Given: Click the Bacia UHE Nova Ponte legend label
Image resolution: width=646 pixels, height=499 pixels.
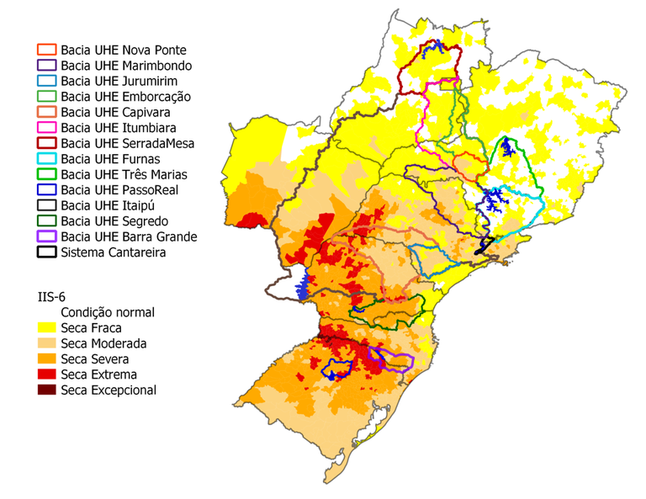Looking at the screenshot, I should [x=123, y=50].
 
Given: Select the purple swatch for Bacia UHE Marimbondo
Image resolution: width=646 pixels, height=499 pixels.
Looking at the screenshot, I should [x=46, y=66].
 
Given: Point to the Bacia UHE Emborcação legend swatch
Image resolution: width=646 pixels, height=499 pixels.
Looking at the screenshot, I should [x=46, y=97].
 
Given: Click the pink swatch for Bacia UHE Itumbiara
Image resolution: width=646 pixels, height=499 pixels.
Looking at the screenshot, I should [x=46, y=128].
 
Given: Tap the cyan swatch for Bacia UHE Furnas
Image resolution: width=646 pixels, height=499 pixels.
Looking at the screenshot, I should [x=46, y=159].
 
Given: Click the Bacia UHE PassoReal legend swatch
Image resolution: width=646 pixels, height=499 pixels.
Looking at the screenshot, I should [x=46, y=190].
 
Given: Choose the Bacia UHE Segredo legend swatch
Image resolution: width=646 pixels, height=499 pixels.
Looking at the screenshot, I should [x=46, y=221].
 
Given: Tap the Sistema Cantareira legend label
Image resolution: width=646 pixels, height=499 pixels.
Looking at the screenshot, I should [x=114, y=252].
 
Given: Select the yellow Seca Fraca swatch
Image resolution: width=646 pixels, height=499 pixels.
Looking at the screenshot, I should [x=46, y=328].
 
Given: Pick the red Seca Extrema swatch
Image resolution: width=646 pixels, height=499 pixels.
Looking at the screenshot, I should [x=46, y=374].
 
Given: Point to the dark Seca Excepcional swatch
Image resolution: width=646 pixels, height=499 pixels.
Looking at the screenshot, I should [x=46, y=390].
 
